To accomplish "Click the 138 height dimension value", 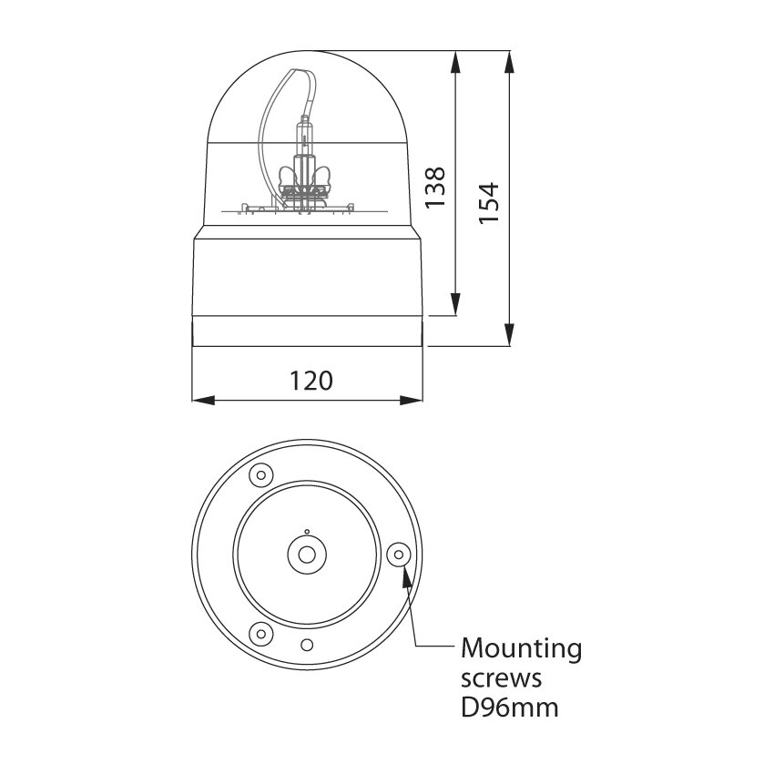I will pyautogui.click(x=436, y=187).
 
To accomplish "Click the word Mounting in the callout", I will pyautogui.click(x=522, y=649).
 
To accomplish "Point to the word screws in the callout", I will pyautogui.click(x=502, y=678).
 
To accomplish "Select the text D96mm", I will pyautogui.click(x=509, y=707).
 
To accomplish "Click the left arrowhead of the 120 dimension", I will pyautogui.click(x=200, y=399).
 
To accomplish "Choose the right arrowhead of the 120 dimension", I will pyautogui.click(x=417, y=399).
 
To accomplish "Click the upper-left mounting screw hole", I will pyautogui.click(x=261, y=474).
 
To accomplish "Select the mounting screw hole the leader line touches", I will pyautogui.click(x=398, y=554).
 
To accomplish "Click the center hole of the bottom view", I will pyautogui.click(x=307, y=554).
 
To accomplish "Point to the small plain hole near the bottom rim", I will pyautogui.click(x=307, y=645).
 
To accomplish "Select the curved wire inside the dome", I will pyautogui.click(x=265, y=127).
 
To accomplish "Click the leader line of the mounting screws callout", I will pyautogui.click(x=414, y=619).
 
